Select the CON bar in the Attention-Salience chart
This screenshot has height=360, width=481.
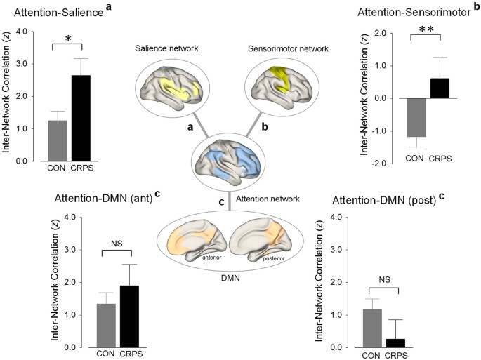pyautogui.click(x=56, y=140)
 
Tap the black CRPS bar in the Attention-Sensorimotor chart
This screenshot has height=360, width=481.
pyautogui.click(x=439, y=88)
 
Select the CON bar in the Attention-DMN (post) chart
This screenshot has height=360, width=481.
pyautogui.click(x=371, y=328)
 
